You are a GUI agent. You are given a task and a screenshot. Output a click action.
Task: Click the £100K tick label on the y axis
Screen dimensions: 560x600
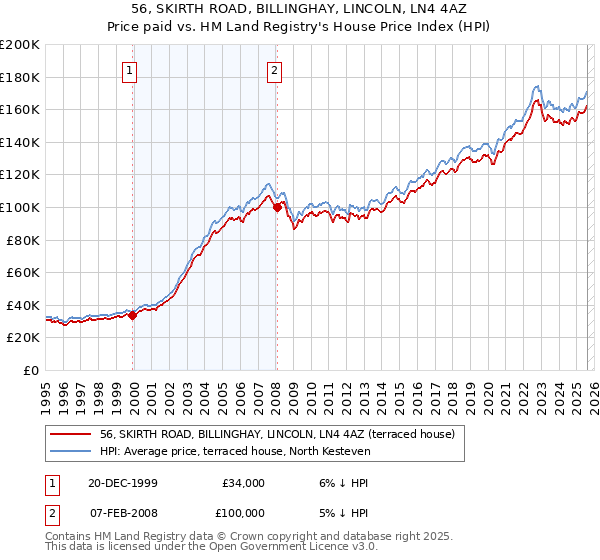pos(20,207)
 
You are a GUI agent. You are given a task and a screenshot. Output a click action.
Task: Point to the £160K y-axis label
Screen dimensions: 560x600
pos(20,109)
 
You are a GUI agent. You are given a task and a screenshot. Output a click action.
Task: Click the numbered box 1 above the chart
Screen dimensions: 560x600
pos(132,70)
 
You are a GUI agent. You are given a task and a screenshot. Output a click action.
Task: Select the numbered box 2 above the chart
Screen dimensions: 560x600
pos(274,70)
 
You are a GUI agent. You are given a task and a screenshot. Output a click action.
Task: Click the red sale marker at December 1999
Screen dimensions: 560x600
pos(133,315)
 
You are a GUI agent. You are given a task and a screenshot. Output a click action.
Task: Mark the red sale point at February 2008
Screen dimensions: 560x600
pos(277,207)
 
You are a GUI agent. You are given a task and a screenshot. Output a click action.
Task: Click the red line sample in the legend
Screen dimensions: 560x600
pos(71,434)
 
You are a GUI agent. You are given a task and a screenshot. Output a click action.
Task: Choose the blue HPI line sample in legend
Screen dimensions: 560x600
pos(71,451)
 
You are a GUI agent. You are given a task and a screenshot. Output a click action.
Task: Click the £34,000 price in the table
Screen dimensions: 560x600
pos(242,483)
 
